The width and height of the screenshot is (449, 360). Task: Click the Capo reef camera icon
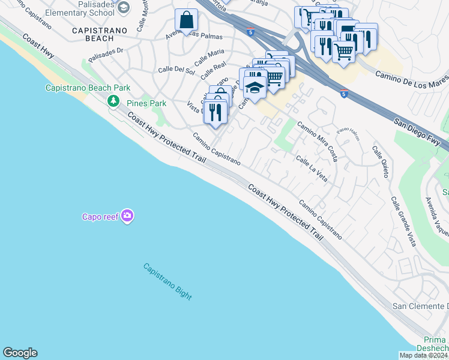click(x=127, y=216)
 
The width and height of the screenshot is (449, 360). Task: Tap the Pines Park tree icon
click(x=113, y=101)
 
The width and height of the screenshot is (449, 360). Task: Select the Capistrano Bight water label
click(x=167, y=281)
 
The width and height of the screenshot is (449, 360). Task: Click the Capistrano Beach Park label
click(x=88, y=88)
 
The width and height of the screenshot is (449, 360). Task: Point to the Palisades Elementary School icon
click(x=124, y=7)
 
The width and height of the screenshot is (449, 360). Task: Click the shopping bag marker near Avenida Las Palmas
click(x=187, y=21)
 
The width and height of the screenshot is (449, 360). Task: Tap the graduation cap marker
click(x=255, y=87)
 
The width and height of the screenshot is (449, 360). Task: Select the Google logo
click(x=20, y=353)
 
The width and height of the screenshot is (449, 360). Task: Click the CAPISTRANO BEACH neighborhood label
click(x=92, y=34)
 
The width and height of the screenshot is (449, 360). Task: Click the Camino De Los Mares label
click(x=412, y=79)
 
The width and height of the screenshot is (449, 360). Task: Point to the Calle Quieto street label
click(x=380, y=161)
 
